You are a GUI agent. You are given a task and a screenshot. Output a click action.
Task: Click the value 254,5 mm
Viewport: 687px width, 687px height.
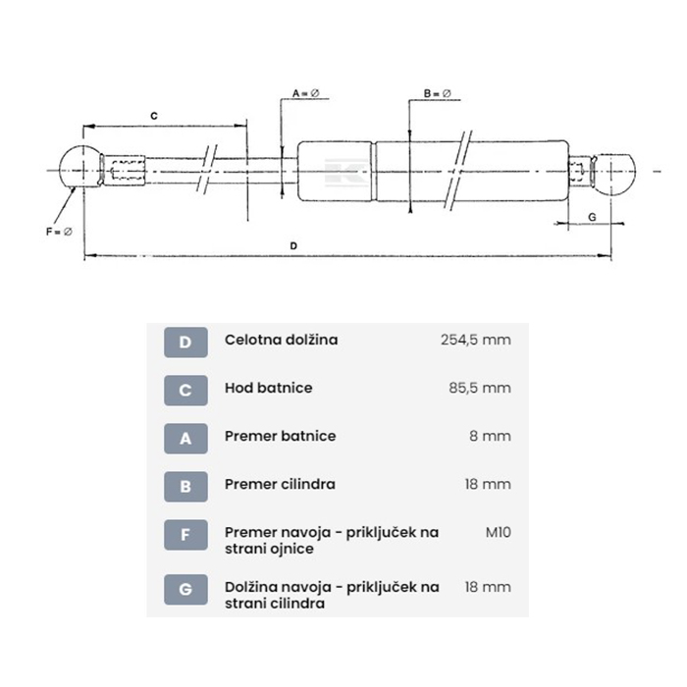(x=475, y=340)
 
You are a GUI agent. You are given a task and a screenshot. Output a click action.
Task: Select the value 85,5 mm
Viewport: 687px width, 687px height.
(x=480, y=389)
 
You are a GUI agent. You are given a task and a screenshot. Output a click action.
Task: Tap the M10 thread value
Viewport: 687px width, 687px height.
(x=499, y=532)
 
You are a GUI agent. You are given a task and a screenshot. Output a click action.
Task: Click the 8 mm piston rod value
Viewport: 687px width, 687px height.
(x=490, y=437)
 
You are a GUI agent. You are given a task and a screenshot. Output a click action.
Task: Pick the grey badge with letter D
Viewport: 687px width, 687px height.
(x=185, y=343)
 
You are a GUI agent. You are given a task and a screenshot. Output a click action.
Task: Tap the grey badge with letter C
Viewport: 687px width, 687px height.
(x=185, y=391)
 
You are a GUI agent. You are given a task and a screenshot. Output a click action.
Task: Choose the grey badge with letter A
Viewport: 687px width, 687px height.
(x=185, y=439)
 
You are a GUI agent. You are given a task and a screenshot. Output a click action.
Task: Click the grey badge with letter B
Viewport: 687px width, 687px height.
(x=185, y=487)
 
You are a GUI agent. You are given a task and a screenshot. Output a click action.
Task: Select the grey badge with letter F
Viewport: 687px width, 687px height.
(x=185, y=535)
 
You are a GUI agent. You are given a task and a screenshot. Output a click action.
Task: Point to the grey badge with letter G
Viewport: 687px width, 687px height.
(x=185, y=590)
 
